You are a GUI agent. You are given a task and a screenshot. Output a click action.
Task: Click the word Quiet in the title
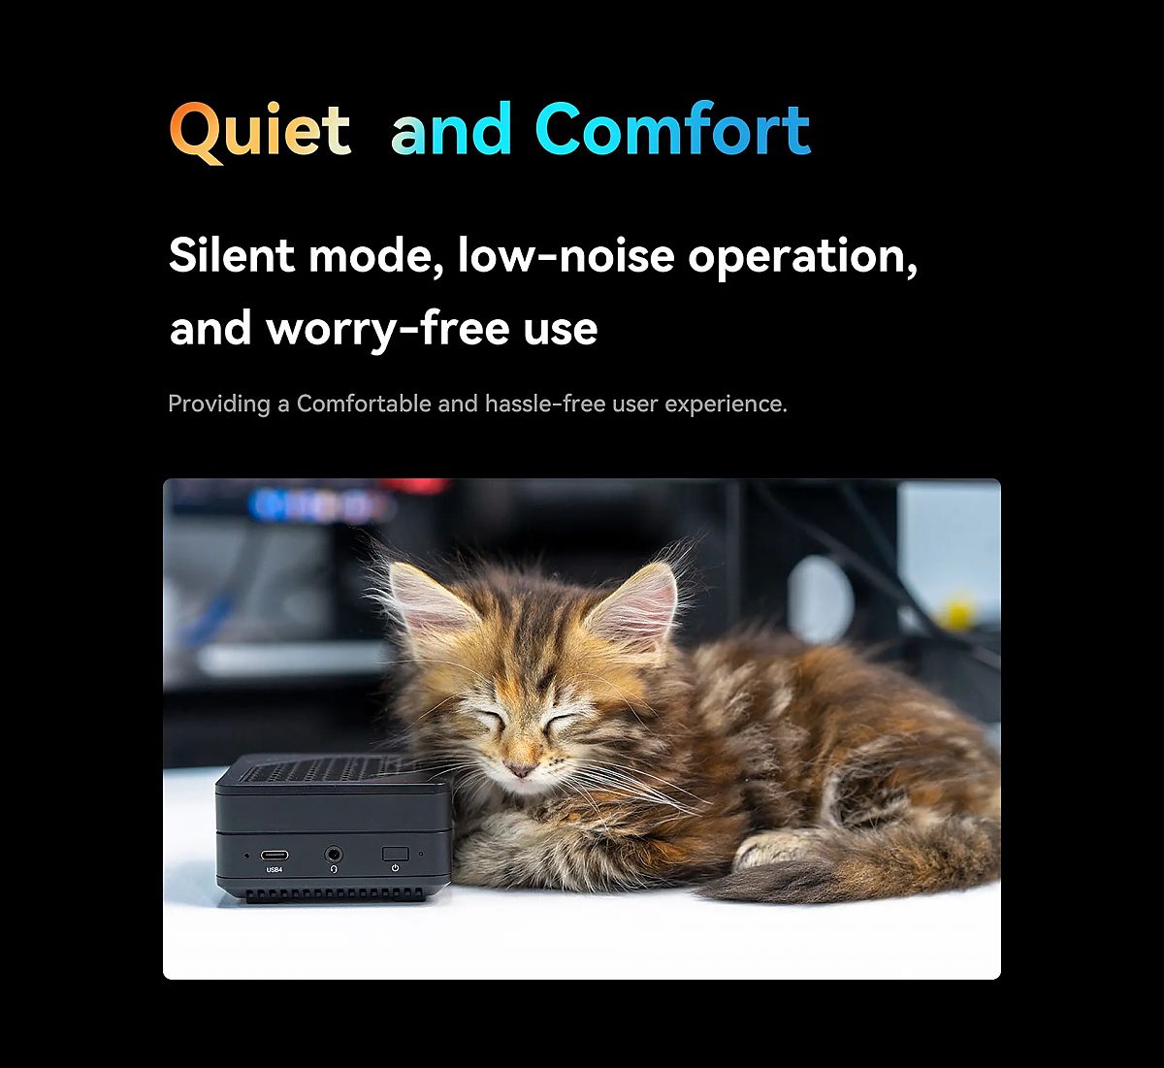coord(260,132)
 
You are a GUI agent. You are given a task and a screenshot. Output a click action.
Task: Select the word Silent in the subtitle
coord(231,255)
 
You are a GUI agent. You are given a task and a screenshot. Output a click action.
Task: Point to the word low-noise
coord(566,255)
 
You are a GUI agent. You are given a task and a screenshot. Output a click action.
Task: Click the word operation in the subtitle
coord(802,259)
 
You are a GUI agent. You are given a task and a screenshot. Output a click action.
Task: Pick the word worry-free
coord(388,329)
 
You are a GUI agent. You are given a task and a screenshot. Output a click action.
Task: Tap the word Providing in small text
coord(219,405)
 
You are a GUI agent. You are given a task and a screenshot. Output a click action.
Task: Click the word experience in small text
coord(726,405)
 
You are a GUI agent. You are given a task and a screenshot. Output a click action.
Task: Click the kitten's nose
coord(520,769)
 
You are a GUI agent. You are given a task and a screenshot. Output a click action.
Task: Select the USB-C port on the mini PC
coord(274,855)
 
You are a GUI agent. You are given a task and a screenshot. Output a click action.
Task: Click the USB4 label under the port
coord(274,870)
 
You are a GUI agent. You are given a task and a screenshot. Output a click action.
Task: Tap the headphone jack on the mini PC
coord(333,855)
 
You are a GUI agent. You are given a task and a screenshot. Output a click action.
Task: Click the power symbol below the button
coord(395,868)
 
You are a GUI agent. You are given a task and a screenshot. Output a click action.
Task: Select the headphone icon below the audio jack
coord(333,869)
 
